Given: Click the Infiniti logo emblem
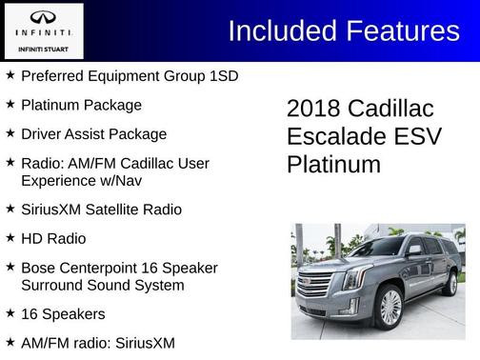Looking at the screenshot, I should tap(43, 18).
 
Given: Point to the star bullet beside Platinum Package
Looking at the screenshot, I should tap(10, 105).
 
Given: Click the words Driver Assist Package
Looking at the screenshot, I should tap(93, 134).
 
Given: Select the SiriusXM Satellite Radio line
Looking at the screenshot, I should tap(101, 209).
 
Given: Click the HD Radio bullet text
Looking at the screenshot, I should tap(52, 238).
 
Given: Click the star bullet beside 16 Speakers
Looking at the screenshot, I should tap(10, 312).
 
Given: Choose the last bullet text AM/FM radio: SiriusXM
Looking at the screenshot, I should tap(98, 342).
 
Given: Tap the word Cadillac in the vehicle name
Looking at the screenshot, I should tap(393, 108).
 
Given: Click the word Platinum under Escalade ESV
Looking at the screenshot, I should tap(333, 165).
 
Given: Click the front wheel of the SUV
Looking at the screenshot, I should tap(390, 306).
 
